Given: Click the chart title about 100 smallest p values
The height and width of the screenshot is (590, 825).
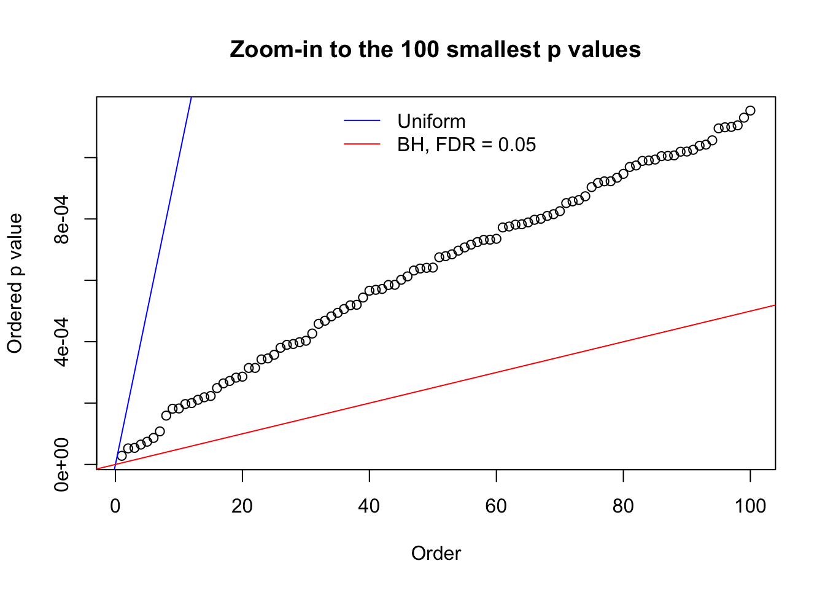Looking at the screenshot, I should click(435, 49).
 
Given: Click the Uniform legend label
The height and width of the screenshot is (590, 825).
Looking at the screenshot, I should click(431, 121).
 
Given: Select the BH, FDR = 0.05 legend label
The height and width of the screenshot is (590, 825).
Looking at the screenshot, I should click(467, 144).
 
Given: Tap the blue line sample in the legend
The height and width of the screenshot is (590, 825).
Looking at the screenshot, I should click(362, 121).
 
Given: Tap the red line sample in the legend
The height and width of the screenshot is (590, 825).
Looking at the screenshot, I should click(362, 144).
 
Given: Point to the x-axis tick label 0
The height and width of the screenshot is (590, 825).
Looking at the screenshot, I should click(115, 506).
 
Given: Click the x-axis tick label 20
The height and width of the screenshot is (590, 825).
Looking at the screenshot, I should click(242, 506).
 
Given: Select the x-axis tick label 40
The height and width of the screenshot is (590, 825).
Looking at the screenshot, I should click(369, 506).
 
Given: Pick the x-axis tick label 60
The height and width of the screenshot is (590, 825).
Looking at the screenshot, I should click(496, 506).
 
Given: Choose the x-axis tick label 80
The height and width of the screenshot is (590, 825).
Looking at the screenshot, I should click(623, 506).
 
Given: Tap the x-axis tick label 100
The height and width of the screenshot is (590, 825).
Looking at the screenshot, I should click(750, 506).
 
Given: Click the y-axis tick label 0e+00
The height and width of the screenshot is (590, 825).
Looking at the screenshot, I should click(62, 465).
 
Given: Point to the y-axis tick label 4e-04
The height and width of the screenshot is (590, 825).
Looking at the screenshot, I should click(62, 342).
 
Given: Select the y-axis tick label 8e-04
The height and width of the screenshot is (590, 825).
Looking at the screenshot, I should click(62, 219).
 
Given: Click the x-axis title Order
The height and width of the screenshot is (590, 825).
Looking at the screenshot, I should click(436, 553).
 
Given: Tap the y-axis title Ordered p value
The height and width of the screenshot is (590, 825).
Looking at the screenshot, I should click(15, 283).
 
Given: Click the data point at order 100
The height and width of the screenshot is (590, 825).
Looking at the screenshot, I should click(750, 111).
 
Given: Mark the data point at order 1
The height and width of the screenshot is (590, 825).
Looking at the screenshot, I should click(122, 455).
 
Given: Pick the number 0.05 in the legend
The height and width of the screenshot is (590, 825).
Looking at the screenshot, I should click(517, 144).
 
